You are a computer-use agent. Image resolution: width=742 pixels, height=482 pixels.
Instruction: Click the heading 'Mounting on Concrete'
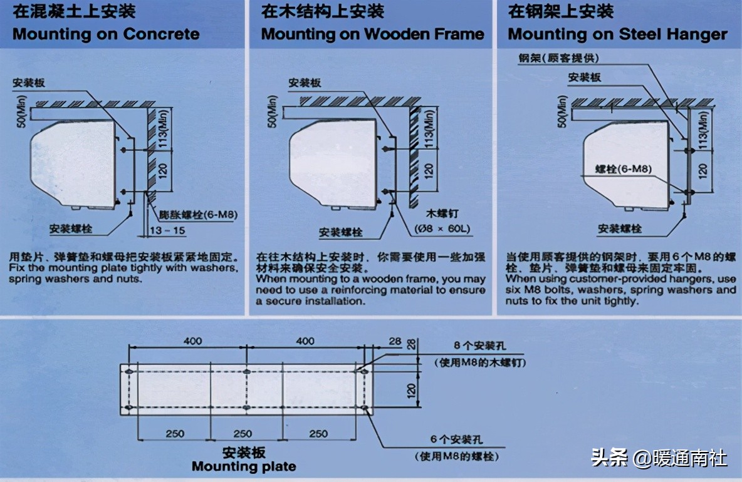tap(106, 34)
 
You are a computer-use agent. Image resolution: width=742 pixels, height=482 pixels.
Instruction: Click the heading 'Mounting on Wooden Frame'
tap(373, 34)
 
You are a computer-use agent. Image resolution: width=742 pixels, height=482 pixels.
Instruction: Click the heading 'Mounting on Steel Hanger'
tap(617, 34)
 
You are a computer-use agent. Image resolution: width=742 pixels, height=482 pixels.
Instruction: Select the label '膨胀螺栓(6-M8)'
tap(191, 215)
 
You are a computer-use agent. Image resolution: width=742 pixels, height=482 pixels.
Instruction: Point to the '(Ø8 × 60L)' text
tap(442, 228)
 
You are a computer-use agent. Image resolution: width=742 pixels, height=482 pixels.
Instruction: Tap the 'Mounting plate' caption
tap(244, 466)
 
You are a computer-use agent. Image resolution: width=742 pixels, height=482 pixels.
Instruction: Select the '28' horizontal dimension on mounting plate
tap(394, 341)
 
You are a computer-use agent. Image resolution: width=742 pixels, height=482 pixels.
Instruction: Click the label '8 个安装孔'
tap(479, 346)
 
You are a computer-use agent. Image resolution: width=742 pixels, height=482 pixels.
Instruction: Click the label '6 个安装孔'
tap(458, 441)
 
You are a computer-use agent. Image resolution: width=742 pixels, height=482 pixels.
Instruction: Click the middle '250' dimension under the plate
tap(243, 434)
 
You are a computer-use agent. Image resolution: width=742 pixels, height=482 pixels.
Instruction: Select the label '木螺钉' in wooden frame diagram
tap(439, 213)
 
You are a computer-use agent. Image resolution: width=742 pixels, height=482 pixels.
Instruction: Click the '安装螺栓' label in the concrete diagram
tap(71, 229)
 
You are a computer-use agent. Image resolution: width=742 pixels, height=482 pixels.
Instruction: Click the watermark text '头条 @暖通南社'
tap(659, 458)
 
